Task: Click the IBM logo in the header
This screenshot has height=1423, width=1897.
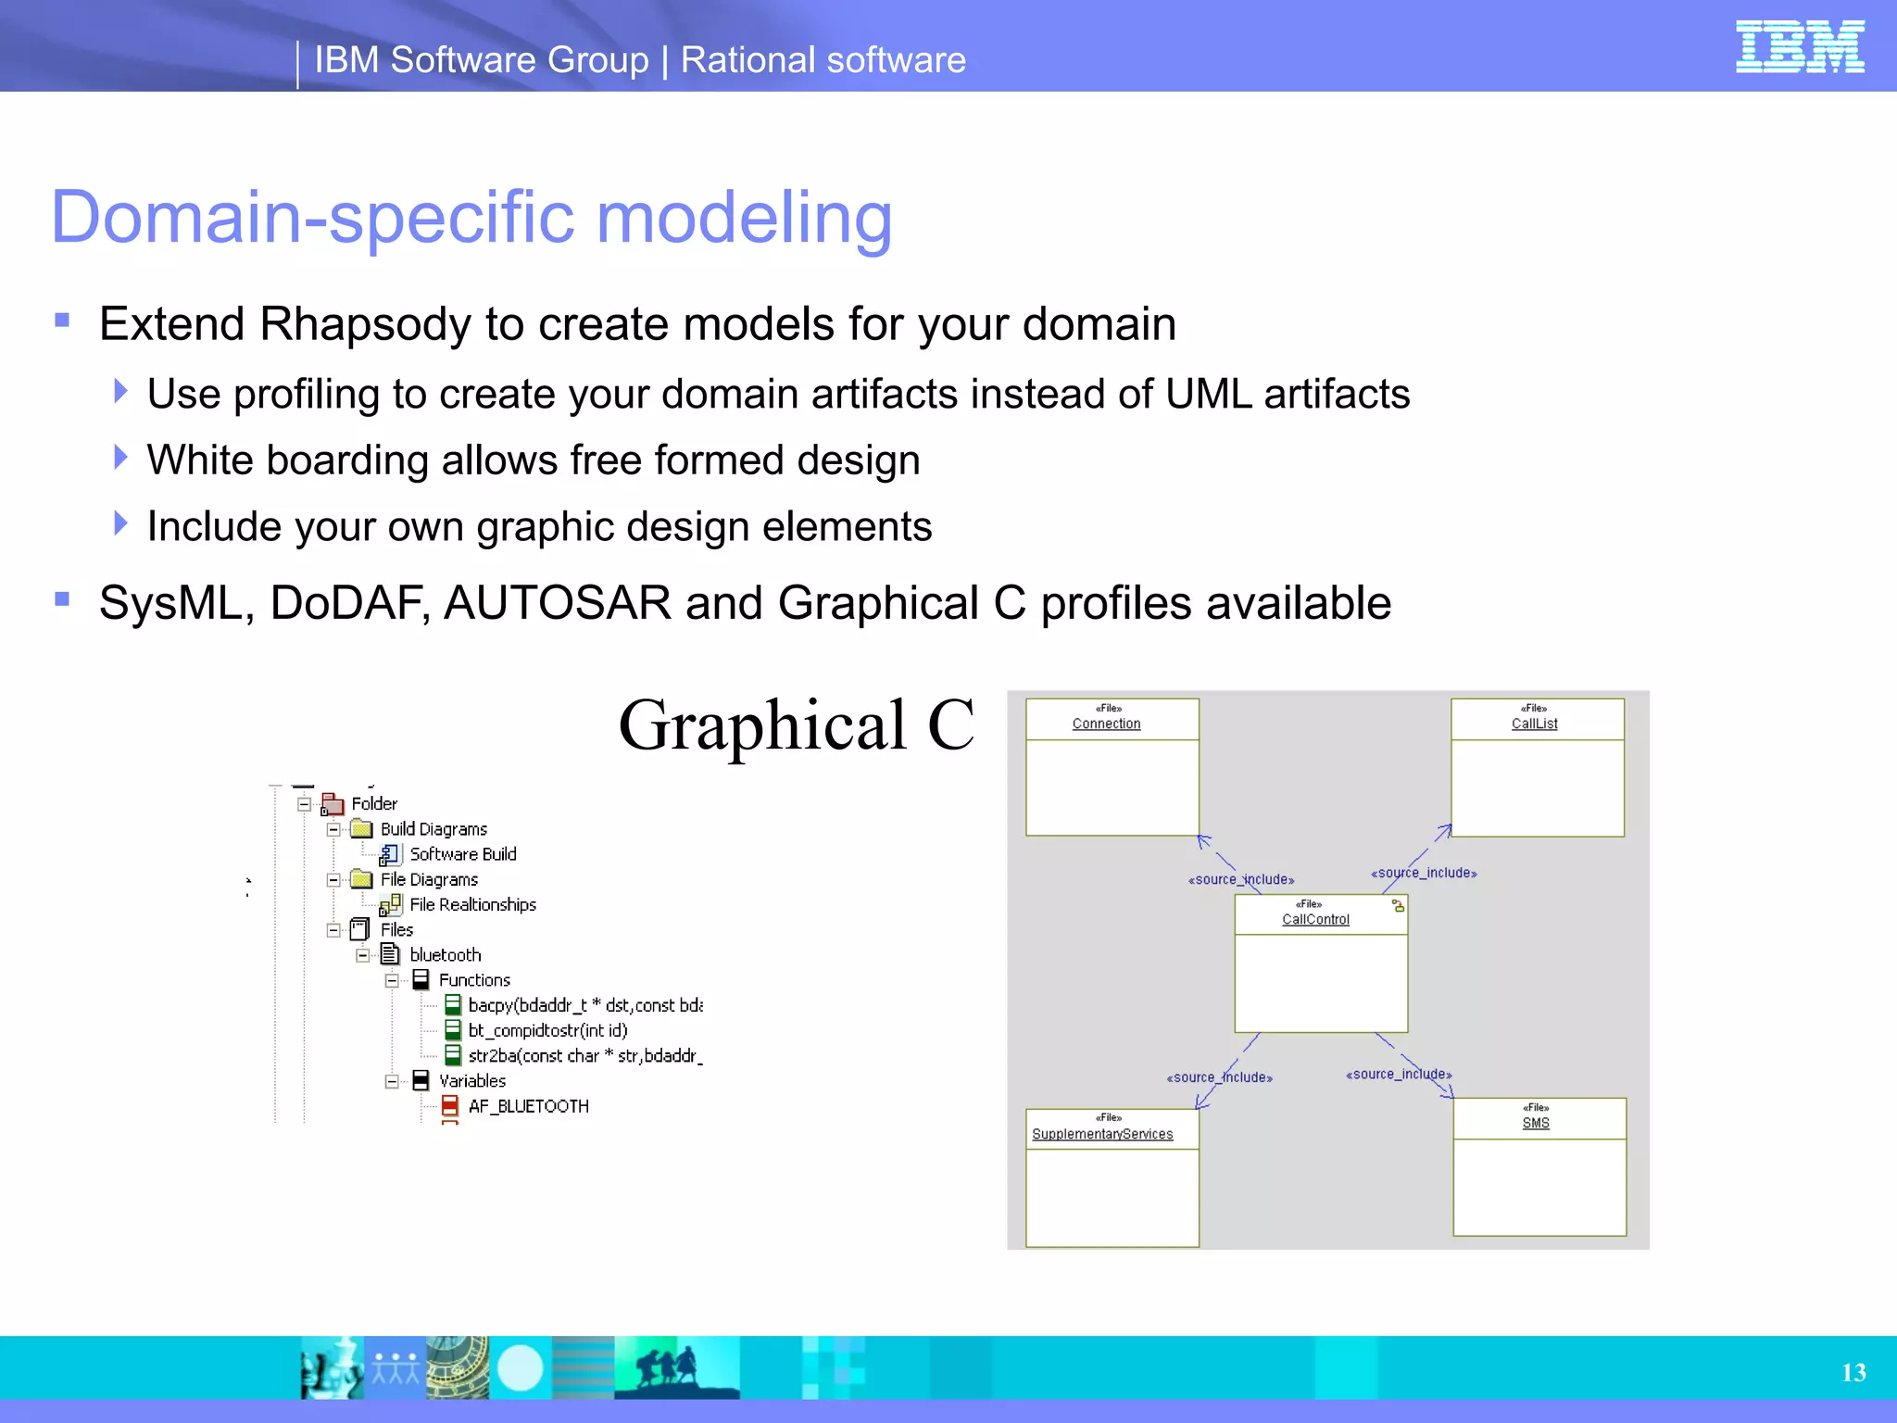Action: (1799, 46)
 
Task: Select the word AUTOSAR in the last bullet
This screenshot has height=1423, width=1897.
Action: (558, 603)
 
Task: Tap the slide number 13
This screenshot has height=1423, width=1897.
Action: (1853, 1372)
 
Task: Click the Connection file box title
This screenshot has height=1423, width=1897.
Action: (1106, 724)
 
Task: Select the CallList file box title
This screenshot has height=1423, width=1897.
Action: (1534, 724)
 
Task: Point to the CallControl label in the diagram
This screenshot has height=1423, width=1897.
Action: (1315, 919)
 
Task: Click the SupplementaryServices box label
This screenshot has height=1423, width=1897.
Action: (1102, 1134)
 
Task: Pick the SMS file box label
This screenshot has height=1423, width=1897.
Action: (1535, 1123)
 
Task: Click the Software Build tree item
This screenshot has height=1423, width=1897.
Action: (462, 854)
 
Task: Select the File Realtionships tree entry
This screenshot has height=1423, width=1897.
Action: (472, 904)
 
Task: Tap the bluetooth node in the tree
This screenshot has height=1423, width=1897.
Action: (445, 954)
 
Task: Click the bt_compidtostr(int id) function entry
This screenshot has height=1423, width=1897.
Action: (547, 1030)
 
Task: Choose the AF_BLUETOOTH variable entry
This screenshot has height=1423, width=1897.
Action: (528, 1106)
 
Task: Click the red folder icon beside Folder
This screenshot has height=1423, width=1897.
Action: (333, 804)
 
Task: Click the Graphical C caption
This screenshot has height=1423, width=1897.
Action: (796, 725)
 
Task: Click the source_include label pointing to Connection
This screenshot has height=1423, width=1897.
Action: (1240, 879)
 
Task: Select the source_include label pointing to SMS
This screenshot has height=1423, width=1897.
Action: (1398, 1074)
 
